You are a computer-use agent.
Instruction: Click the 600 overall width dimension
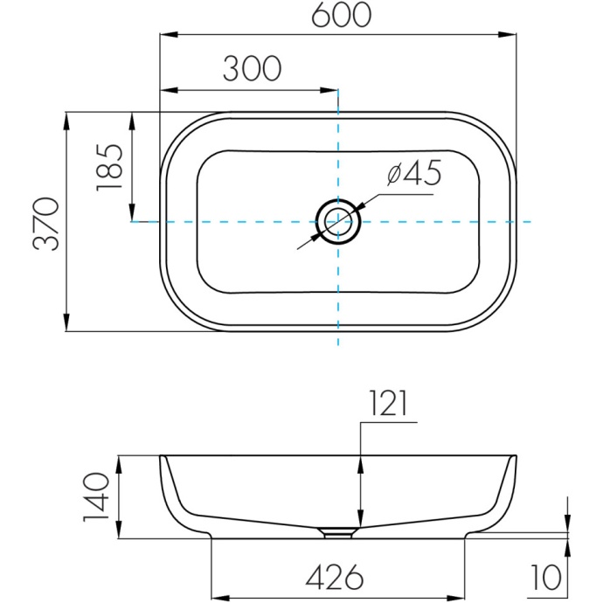341,15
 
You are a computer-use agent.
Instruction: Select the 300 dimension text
253,68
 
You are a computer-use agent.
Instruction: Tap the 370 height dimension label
46,224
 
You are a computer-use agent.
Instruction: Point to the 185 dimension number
109,167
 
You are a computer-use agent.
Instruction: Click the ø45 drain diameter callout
414,173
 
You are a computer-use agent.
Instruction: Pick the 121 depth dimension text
388,403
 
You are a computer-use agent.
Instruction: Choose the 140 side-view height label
96,497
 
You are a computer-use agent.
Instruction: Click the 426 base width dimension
335,577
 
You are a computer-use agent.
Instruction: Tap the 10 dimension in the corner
545,578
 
